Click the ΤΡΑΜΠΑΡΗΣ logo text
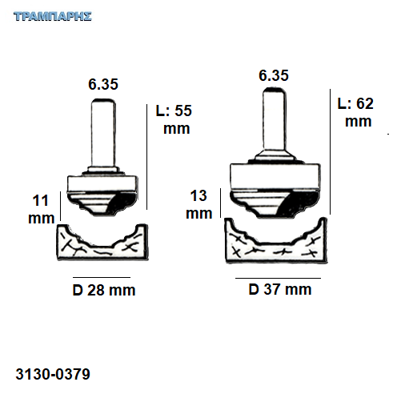pos(53,16)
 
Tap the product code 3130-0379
pos(53,374)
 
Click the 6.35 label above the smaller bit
pos(103,84)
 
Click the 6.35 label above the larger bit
pos(274,75)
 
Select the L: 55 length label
pos(174,111)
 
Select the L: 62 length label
pos(355,103)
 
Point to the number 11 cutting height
pos(40,200)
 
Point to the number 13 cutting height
pos(198,195)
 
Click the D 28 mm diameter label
pos(104,290)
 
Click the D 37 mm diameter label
pos(280,289)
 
